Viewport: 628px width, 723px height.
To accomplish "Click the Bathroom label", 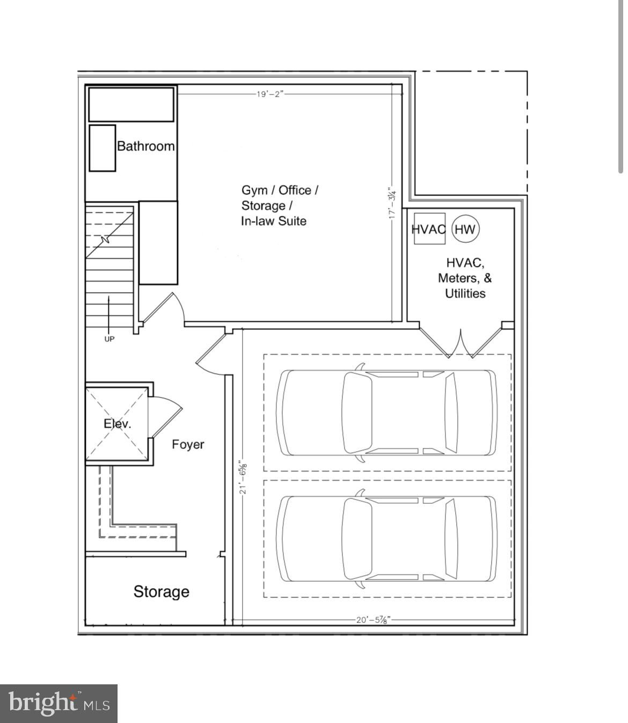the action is [x=145, y=146].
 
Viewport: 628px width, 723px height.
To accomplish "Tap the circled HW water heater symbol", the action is [x=465, y=229].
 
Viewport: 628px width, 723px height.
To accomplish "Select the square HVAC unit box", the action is [x=429, y=229].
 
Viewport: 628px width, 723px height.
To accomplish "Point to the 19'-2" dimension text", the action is [x=269, y=94].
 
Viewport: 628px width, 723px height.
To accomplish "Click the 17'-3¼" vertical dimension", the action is [x=392, y=203].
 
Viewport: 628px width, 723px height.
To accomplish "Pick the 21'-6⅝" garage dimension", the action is [x=243, y=476].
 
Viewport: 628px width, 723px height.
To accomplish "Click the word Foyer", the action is [x=188, y=444].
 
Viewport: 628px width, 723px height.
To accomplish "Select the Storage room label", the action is [x=162, y=591].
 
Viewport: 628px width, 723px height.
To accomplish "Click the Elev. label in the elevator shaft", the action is [x=117, y=423].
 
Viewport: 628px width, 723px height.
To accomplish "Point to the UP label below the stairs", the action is [x=109, y=339].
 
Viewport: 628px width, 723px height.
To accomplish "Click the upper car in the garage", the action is [x=386, y=413].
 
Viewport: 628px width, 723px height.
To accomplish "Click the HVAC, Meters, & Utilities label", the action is [x=465, y=278].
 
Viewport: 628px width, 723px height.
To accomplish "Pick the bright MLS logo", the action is [x=59, y=703].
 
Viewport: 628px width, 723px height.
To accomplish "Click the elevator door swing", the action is [x=165, y=417].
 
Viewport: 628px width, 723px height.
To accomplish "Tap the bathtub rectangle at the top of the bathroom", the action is [x=131, y=105].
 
